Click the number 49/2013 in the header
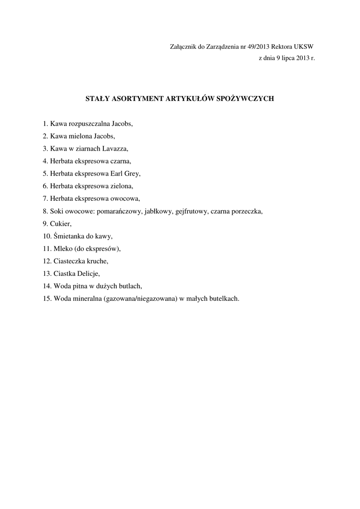click(x=258, y=47)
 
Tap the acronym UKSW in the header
click(x=304, y=47)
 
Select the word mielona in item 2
click(x=80, y=136)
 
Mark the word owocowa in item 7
click(x=124, y=199)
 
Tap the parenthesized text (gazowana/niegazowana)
click(x=141, y=299)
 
